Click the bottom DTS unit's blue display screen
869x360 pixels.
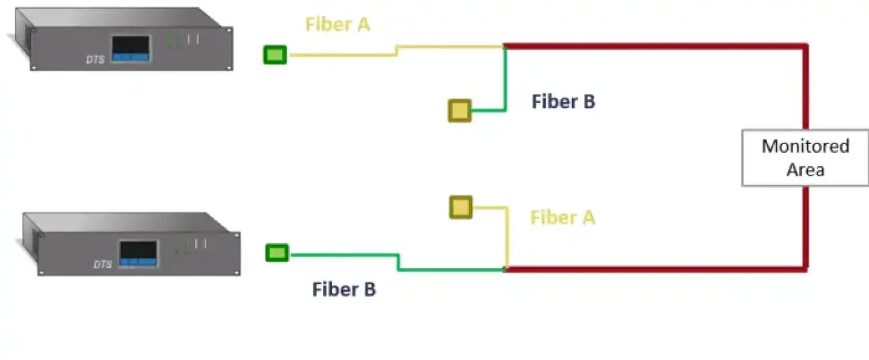pyautogui.click(x=138, y=253)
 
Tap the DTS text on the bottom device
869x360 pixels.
pyautogui.click(x=103, y=264)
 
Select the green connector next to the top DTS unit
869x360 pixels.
pyautogui.click(x=275, y=54)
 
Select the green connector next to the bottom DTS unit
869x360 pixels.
pyautogui.click(x=278, y=253)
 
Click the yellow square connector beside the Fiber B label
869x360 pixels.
pyautogui.click(x=460, y=110)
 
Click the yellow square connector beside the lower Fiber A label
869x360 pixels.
pyautogui.click(x=461, y=207)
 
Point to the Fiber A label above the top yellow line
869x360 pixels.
pyautogui.click(x=337, y=24)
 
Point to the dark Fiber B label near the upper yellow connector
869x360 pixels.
pyautogui.click(x=563, y=102)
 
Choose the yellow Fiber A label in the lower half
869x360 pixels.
pyautogui.click(x=563, y=218)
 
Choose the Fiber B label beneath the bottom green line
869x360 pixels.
pyautogui.click(x=344, y=290)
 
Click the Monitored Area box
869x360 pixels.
pyautogui.click(x=805, y=158)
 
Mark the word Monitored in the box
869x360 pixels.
pyautogui.click(x=805, y=146)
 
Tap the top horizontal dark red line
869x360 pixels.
pyautogui.click(x=654, y=46)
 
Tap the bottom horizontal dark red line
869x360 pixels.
pyautogui.click(x=654, y=269)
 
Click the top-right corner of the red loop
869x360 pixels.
pyautogui.click(x=805, y=46)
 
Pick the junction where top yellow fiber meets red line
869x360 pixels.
pyautogui.click(x=504, y=46)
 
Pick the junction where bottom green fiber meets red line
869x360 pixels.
pyautogui.click(x=505, y=269)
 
